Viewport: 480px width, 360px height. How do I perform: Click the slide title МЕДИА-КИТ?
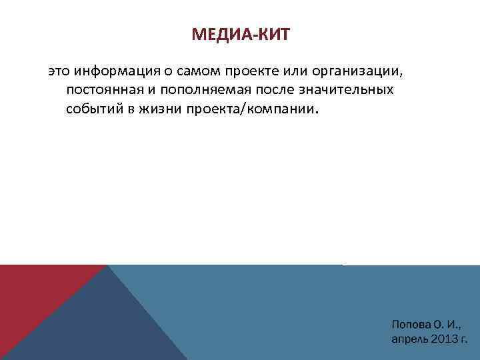[240, 35]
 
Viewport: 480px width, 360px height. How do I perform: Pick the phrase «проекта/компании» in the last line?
[253, 109]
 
